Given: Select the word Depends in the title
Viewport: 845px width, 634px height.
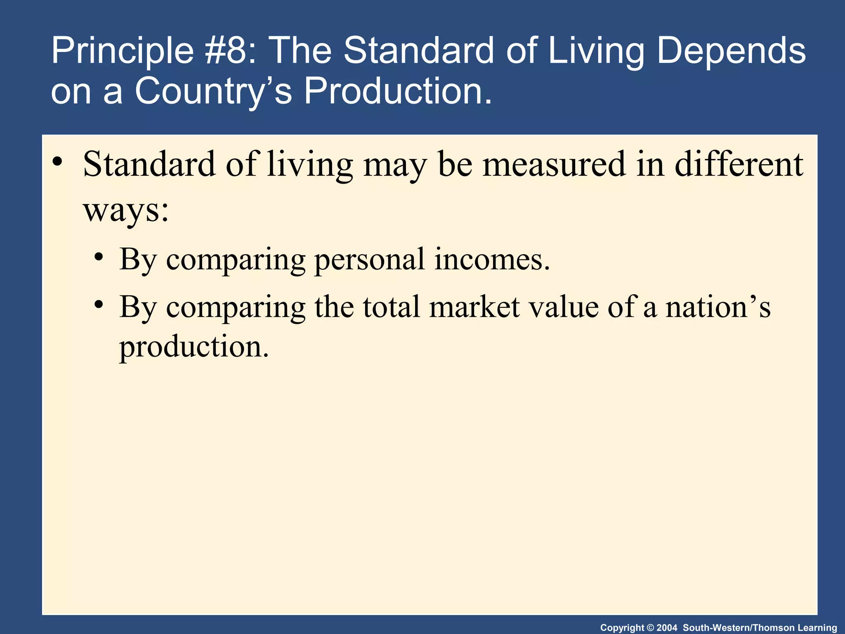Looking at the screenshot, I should pos(731,51).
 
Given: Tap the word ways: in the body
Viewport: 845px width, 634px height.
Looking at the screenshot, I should pos(126,209).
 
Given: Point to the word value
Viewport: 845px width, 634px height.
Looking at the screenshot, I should pos(563,307).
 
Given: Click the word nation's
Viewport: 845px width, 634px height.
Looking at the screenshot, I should pos(718,307).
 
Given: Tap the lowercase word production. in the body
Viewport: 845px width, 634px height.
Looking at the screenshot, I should pos(194,347).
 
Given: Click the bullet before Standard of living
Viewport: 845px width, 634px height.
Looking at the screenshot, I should pos(57,162).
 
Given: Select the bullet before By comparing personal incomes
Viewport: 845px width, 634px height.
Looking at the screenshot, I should pos(98,258).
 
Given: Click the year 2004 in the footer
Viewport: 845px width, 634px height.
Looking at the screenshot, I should pos(667,628).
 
